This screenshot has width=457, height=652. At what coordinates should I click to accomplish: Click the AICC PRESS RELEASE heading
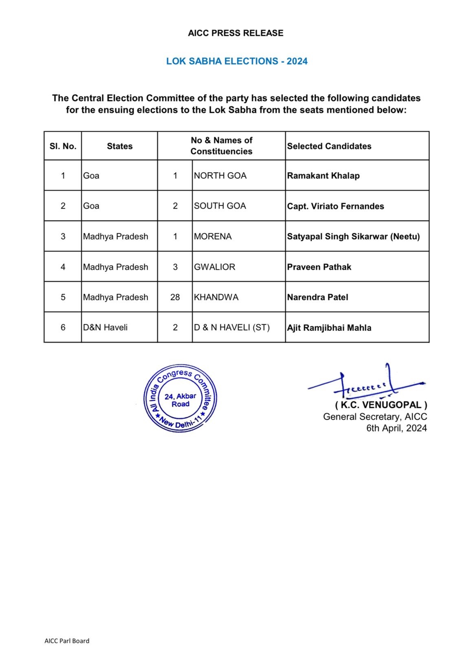coord(235,33)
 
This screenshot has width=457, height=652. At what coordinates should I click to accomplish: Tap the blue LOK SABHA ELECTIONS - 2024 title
coord(237,62)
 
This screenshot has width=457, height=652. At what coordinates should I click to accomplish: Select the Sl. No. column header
coord(63,146)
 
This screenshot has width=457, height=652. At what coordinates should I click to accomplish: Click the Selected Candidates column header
coord(329,146)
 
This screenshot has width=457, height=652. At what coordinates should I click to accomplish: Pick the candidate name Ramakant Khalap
coord(323,176)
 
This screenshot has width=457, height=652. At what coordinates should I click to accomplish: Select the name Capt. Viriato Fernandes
coord(335,206)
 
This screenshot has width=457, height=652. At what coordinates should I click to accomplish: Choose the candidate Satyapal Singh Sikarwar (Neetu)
coord(353,236)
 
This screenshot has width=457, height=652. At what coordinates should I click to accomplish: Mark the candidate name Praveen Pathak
coord(319,267)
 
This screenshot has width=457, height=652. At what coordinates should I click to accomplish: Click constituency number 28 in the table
coord(175,297)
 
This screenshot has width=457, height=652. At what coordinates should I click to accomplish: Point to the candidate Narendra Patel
coord(317,297)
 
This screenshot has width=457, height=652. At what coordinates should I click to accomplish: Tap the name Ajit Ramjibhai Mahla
coord(329,328)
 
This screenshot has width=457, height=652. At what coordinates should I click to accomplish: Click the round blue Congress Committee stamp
coord(180,399)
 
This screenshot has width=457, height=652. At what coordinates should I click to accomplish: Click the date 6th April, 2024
coord(396,428)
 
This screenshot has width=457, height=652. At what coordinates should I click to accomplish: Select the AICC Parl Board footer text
coord(67,641)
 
